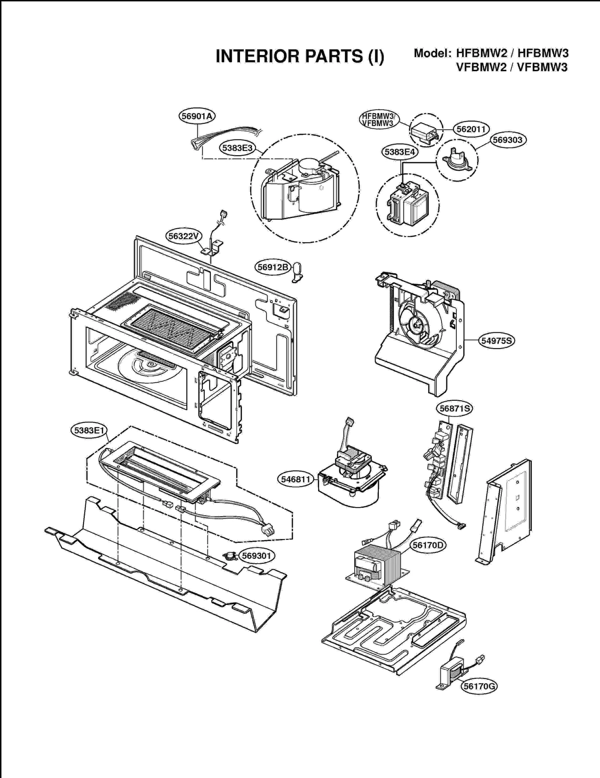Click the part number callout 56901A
click(x=197, y=116)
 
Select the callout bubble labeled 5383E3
click(x=237, y=148)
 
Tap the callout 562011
click(x=471, y=129)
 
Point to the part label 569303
click(x=508, y=140)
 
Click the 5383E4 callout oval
click(x=399, y=152)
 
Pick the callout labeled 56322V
click(x=183, y=236)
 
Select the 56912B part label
click(x=273, y=267)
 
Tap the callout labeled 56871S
click(x=454, y=408)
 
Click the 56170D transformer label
click(x=427, y=545)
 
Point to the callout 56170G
click(x=479, y=686)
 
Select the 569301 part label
click(x=256, y=555)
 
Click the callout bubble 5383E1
click(x=89, y=430)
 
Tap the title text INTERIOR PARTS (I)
click(x=300, y=56)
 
